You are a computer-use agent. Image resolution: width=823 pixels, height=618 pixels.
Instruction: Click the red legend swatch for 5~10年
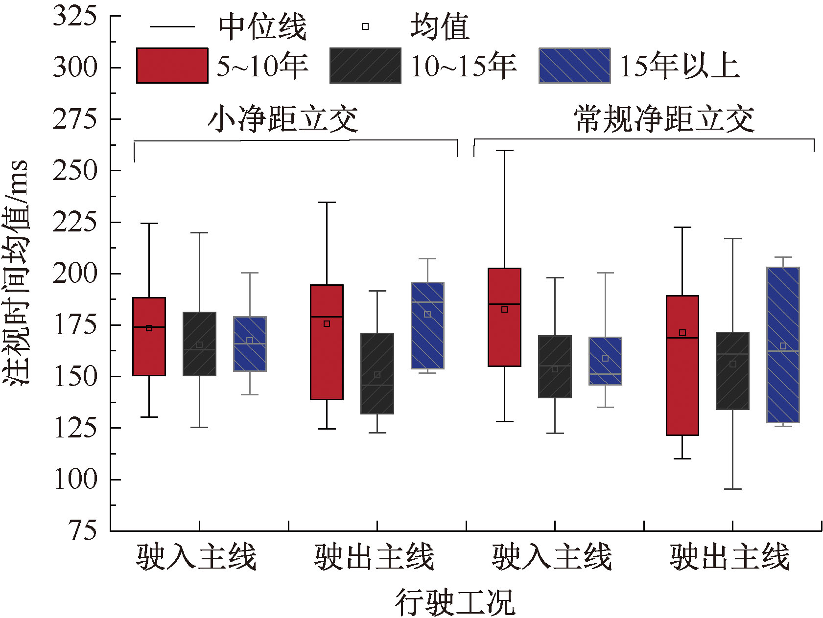pos(172,66)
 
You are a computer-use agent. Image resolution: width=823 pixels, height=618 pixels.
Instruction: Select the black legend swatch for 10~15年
pos(365,66)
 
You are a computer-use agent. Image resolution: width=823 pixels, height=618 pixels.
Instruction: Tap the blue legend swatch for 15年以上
pos(574,66)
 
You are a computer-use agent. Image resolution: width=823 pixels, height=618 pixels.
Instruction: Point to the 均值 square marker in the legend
pos(365,26)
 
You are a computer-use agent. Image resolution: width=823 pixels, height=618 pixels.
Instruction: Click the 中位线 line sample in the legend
pos(172,26)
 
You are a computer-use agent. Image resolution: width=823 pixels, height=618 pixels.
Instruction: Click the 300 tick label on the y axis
pos(75,67)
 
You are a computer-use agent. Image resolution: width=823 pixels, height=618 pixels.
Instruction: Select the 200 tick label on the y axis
pos(75,273)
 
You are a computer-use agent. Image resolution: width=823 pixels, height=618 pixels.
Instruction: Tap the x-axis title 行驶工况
pos(455,602)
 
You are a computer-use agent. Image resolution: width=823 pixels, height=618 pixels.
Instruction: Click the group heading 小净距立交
pos(283,119)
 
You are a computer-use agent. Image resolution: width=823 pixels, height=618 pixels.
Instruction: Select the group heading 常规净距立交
pos(664,119)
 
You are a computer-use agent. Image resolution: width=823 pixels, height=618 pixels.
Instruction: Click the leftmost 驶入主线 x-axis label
pos(196,557)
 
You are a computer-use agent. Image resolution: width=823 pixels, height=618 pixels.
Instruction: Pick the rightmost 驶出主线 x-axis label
pos(729,557)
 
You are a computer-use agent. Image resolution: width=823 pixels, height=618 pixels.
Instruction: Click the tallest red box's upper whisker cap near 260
pos(504,151)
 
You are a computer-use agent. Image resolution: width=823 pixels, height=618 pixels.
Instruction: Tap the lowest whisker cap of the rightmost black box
pos(732,489)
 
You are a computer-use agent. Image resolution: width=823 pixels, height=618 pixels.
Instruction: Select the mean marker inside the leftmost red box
pos(149,328)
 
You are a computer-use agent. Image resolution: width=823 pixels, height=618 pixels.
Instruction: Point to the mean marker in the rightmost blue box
pos(783,346)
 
